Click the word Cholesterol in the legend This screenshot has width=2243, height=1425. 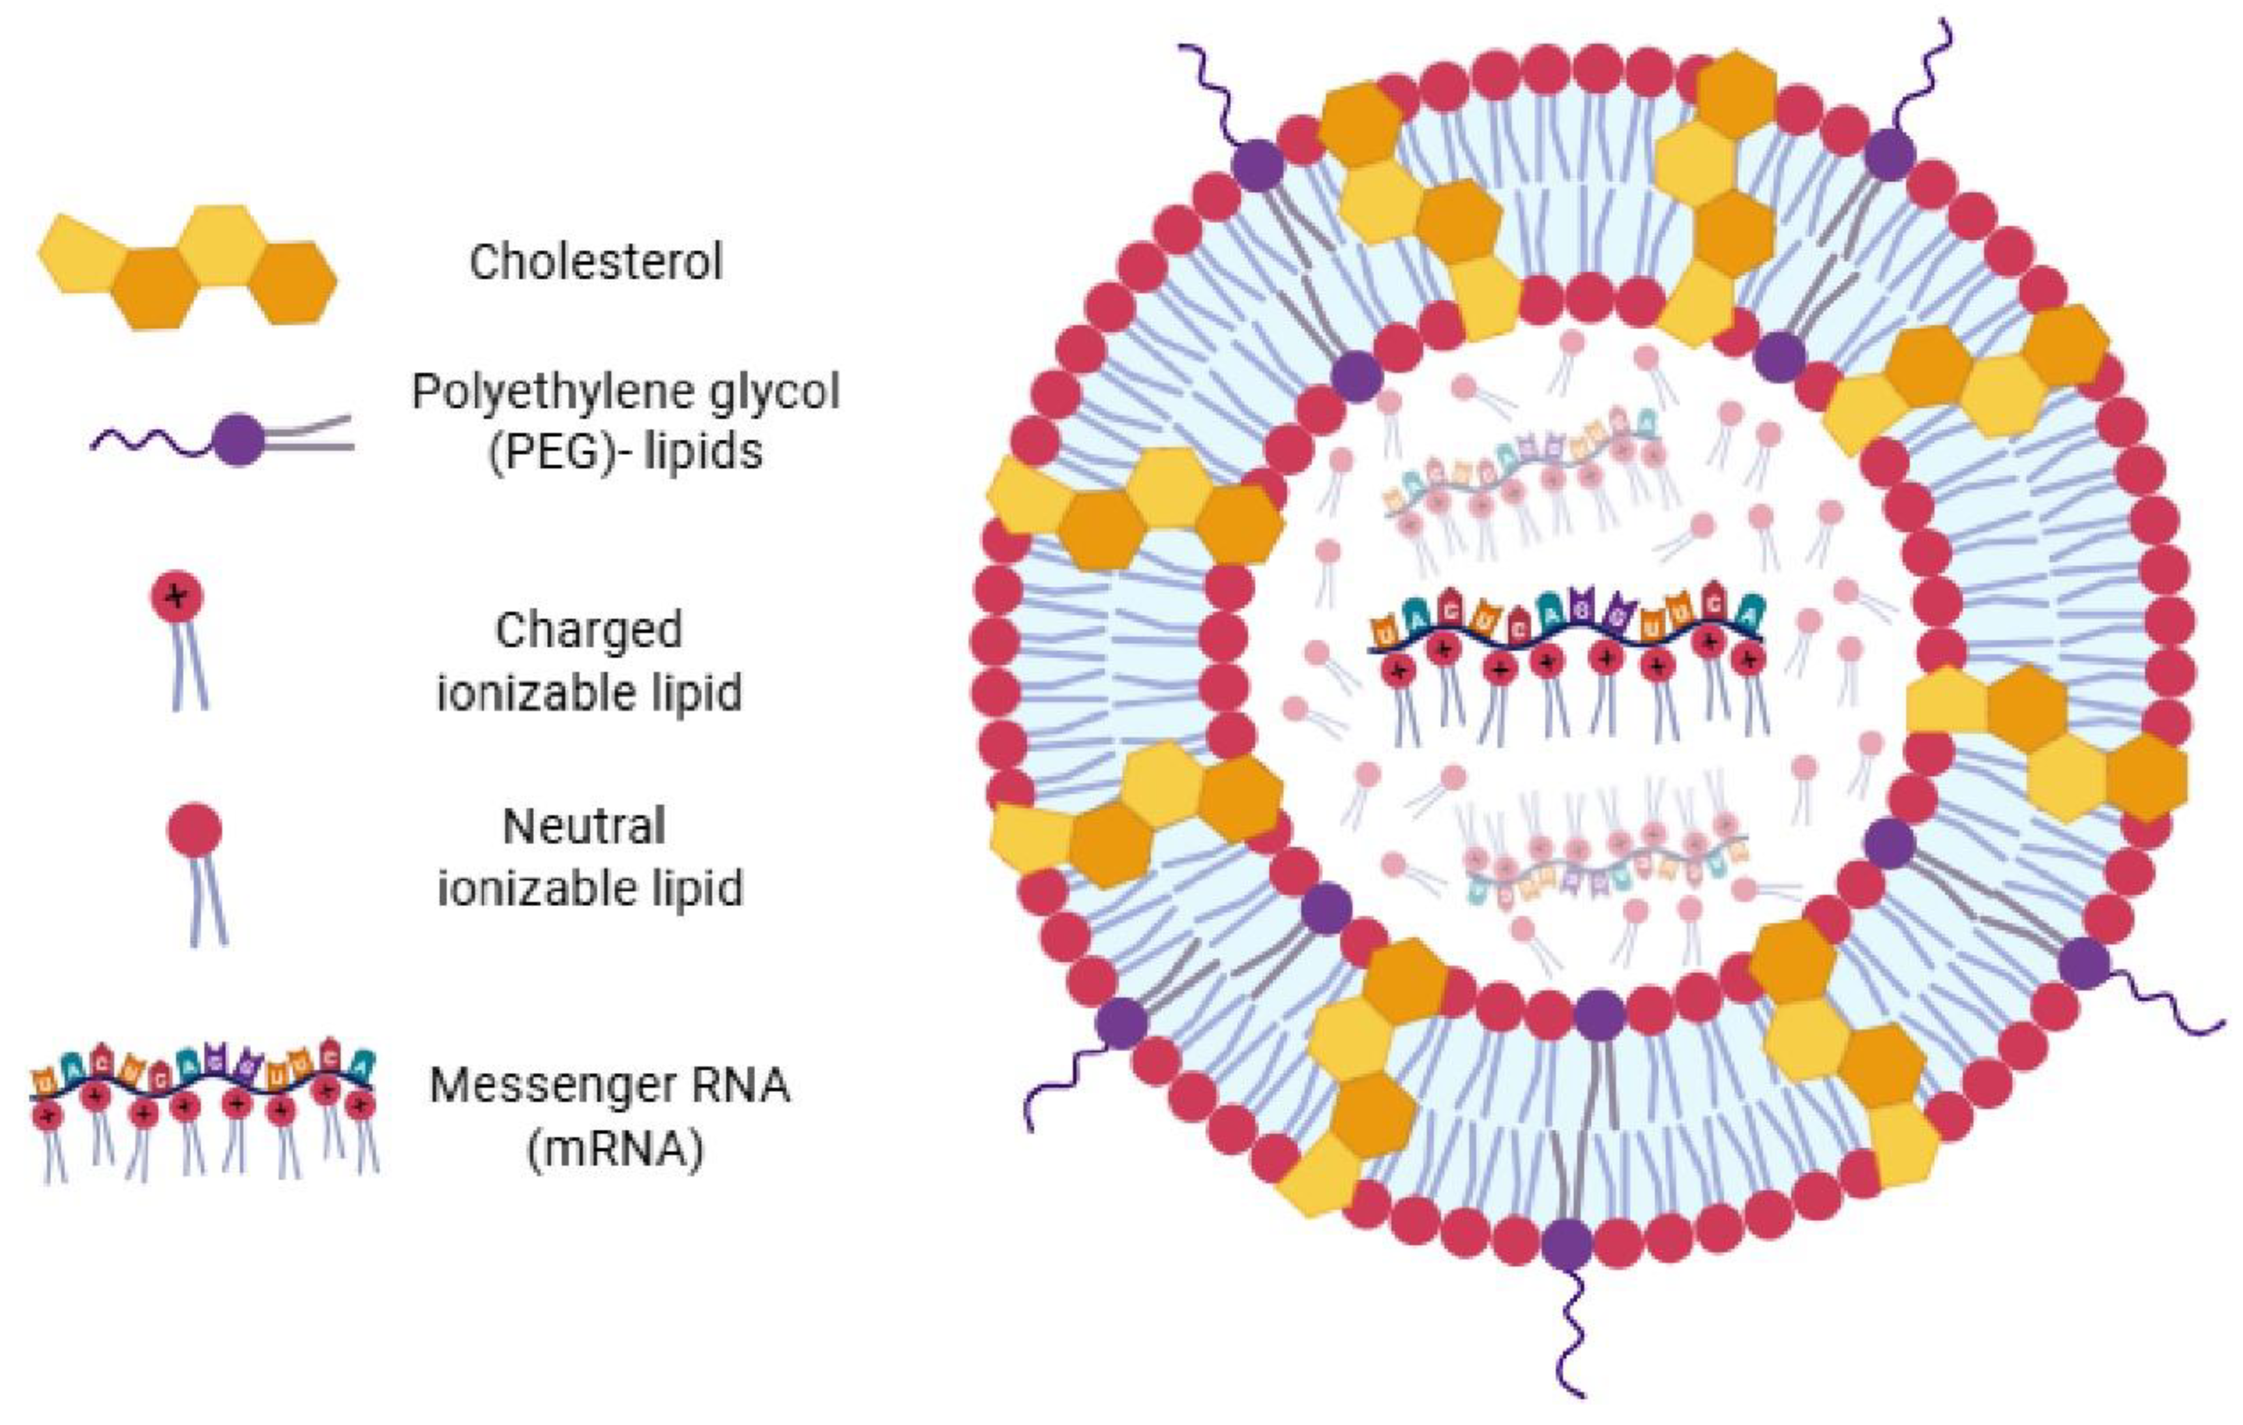596,261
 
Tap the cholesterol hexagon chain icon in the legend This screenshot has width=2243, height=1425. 186,267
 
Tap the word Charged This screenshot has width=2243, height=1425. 589,630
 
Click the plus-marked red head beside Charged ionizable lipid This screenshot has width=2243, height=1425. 177,598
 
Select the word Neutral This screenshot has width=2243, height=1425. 584,826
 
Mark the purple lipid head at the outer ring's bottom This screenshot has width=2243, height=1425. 1567,1245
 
